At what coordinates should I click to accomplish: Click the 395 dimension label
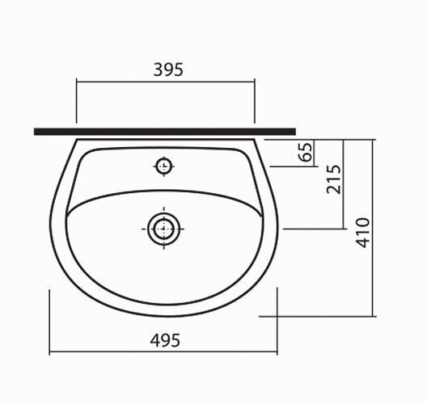pos(168,69)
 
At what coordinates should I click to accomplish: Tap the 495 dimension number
pos(165,340)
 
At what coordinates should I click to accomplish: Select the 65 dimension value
pos(306,152)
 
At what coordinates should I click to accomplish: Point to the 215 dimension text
pos(334,179)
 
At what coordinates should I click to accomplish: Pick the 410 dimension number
pos(363,233)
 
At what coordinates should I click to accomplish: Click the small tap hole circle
pos(163,166)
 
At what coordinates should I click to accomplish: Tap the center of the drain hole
pos(163,229)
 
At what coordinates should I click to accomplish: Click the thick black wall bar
pos(165,132)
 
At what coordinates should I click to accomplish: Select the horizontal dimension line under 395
pos(166,81)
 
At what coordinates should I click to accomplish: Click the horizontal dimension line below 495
pos(163,352)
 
